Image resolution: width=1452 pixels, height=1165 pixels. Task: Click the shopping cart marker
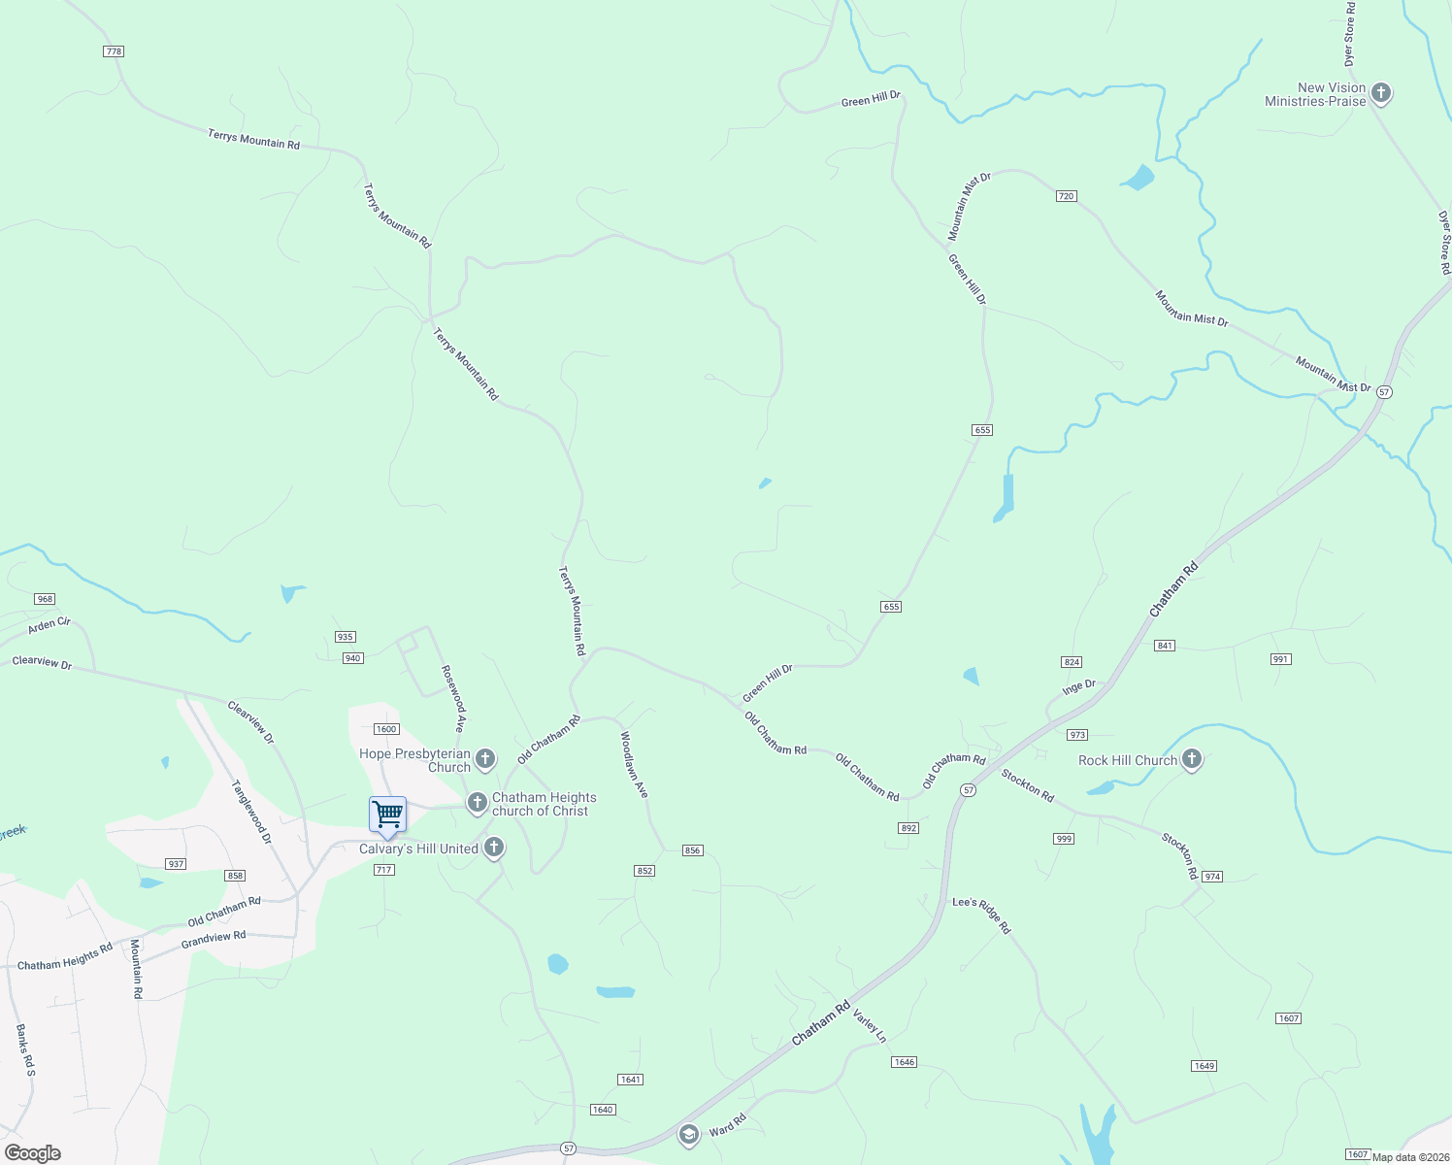tap(387, 815)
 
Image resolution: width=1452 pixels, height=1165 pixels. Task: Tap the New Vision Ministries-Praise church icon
tap(1381, 94)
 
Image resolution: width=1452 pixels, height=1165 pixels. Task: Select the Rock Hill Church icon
tap(1192, 760)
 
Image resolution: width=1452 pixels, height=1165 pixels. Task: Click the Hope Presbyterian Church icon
tap(485, 759)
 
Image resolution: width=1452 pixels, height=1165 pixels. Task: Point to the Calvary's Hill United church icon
tap(494, 848)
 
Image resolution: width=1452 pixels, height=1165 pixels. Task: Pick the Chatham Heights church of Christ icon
tap(477, 803)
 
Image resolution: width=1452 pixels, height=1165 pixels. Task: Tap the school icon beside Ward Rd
tap(688, 1134)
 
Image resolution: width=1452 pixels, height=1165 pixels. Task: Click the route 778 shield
tap(114, 51)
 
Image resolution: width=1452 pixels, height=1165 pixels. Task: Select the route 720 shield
tap(1066, 196)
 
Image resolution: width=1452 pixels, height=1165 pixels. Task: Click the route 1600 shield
tap(386, 729)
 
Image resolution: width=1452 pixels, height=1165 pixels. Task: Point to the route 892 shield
tap(908, 828)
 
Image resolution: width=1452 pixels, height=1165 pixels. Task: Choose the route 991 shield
tap(1280, 659)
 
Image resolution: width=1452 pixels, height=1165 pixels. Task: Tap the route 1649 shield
tap(1204, 1066)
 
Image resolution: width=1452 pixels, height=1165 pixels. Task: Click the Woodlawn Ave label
tap(634, 765)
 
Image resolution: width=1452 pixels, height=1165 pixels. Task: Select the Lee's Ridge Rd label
tap(981, 915)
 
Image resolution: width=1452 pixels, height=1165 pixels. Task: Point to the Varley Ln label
tap(870, 1026)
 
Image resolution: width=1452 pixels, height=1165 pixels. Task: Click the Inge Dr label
tap(1078, 686)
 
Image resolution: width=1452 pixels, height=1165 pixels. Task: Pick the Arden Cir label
tap(49, 624)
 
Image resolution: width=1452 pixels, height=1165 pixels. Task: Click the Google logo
tap(33, 1153)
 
